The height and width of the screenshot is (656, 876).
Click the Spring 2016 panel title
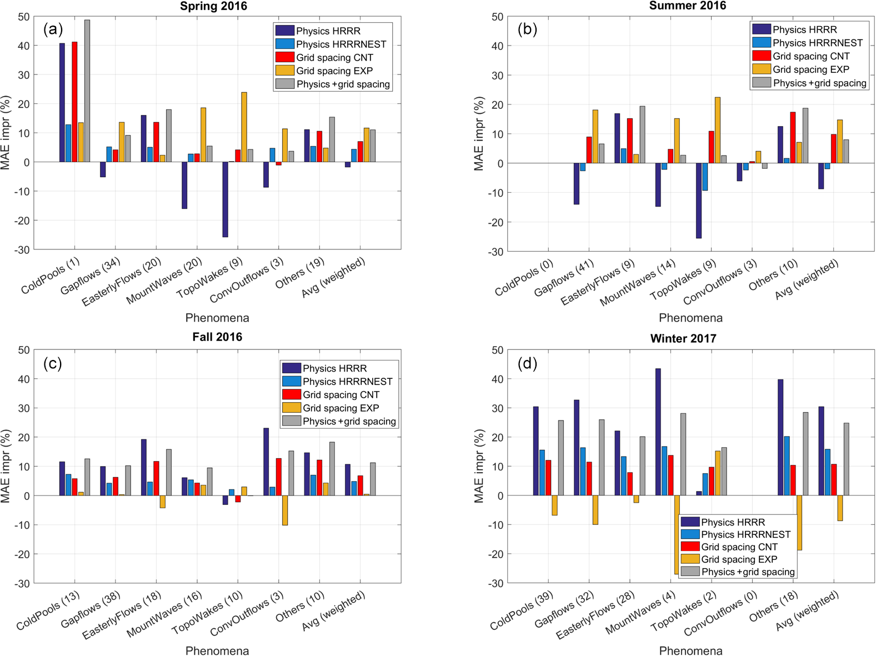click(x=213, y=6)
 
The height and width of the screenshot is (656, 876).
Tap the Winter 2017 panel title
click(x=683, y=338)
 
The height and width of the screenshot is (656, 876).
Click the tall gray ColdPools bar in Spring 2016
click(x=87, y=91)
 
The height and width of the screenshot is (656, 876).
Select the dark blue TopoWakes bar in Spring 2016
click(x=225, y=199)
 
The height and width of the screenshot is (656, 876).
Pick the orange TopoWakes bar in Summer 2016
click(x=717, y=130)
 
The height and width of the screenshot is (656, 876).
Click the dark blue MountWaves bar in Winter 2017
click(x=658, y=432)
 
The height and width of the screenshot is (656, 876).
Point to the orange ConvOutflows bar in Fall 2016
click(x=285, y=510)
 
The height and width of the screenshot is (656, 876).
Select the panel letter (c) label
click(x=53, y=363)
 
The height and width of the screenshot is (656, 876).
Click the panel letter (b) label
click(x=527, y=29)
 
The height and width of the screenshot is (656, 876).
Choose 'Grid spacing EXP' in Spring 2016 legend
click(x=334, y=71)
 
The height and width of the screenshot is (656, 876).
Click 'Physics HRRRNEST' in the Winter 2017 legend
click(x=745, y=534)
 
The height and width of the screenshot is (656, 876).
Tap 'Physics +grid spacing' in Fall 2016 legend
click(x=349, y=421)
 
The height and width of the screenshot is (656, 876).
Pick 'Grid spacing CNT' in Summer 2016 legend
click(x=811, y=56)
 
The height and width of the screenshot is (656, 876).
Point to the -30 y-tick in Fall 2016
click(x=24, y=583)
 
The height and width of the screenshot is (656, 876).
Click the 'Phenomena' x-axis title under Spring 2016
click(x=217, y=318)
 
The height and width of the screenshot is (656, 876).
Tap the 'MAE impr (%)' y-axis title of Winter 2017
click(x=479, y=466)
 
